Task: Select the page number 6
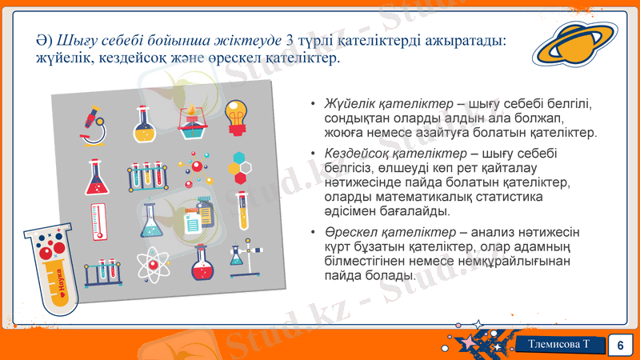pos(619,345)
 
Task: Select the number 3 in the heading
pos(290,40)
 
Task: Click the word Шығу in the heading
pos(70,40)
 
